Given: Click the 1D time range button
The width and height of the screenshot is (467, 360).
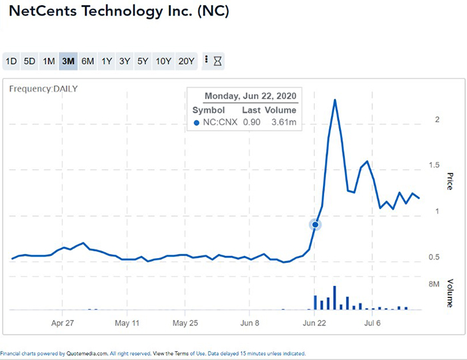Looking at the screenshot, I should pyautogui.click(x=11, y=61).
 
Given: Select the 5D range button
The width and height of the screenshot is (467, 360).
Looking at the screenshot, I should pyautogui.click(x=29, y=61).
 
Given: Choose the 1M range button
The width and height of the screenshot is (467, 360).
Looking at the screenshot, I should pyautogui.click(x=49, y=61).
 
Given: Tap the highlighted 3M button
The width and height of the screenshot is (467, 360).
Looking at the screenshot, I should pyautogui.click(x=68, y=61).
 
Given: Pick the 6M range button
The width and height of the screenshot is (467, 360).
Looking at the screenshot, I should pyautogui.click(x=87, y=61).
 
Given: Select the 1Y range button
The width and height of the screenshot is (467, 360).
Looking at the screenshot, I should pyautogui.click(x=107, y=61).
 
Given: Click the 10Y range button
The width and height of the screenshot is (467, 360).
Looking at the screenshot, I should pyautogui.click(x=163, y=61).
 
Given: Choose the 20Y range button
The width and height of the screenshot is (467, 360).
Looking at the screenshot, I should pyautogui.click(x=186, y=61).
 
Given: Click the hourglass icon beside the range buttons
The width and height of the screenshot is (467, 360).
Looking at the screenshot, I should pyautogui.click(x=217, y=61).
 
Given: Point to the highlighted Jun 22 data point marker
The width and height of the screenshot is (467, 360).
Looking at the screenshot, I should pyautogui.click(x=316, y=225).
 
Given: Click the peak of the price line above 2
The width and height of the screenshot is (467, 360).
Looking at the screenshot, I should pyautogui.click(x=334, y=100).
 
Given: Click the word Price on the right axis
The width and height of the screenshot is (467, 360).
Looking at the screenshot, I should pyautogui.click(x=450, y=181).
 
